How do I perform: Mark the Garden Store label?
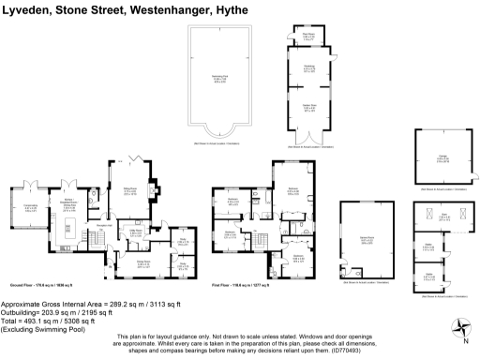point(308,107)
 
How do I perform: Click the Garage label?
point(440,159)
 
